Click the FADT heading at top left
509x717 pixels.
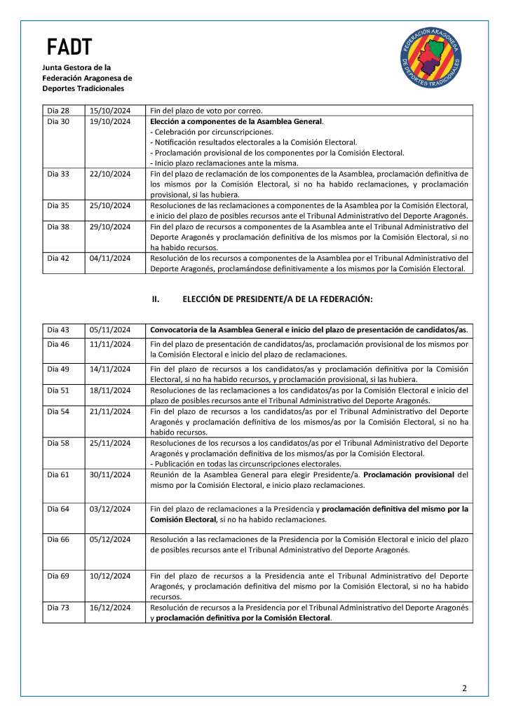[x=69, y=48]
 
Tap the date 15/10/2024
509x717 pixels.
[x=110, y=110]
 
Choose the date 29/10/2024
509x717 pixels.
[x=110, y=226]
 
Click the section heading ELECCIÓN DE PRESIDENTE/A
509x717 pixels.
[x=277, y=299]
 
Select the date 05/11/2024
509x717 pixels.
[x=110, y=329]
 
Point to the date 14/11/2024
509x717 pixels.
[x=110, y=369]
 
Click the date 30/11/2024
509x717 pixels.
[x=110, y=475]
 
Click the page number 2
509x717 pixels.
[x=464, y=688]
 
